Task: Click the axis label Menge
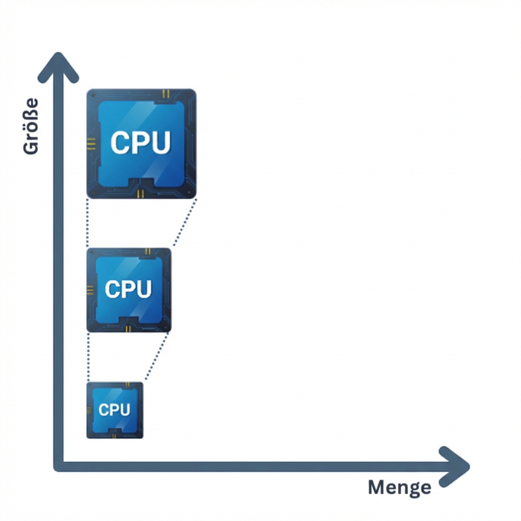399,487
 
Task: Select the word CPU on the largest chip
140,143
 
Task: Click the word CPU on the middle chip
128,289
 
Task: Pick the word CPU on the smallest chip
114,410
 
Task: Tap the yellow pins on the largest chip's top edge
165,94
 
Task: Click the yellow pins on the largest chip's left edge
92,143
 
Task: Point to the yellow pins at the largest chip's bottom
141,193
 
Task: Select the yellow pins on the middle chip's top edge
148,251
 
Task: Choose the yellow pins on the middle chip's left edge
91,290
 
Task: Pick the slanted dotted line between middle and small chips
157,356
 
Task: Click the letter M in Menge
377,487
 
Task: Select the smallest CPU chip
115,410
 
